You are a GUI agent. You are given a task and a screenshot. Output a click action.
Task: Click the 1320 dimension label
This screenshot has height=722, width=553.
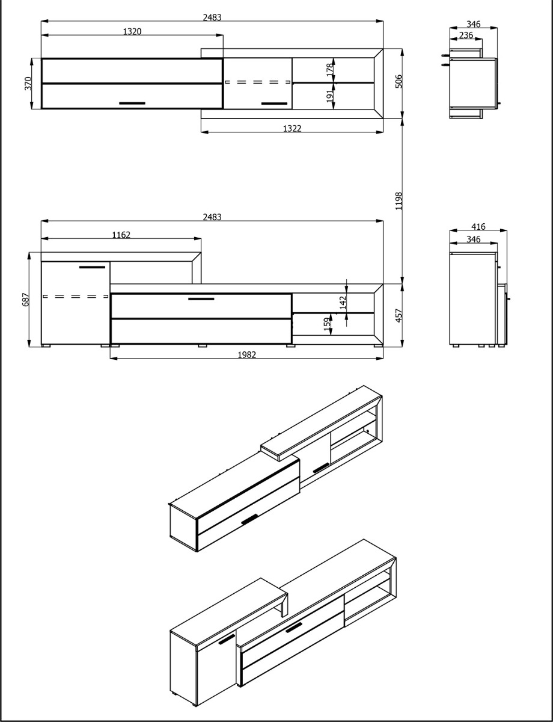(132, 31)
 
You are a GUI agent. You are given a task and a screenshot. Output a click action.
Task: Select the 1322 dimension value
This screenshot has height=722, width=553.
(292, 128)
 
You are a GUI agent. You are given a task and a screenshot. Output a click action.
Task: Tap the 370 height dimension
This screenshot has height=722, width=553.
(28, 84)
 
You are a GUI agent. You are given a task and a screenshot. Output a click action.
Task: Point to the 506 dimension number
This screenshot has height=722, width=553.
(399, 82)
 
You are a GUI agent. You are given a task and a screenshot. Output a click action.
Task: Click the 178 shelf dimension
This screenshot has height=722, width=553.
(329, 70)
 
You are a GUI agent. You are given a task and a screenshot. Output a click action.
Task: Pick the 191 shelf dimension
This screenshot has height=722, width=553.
(329, 96)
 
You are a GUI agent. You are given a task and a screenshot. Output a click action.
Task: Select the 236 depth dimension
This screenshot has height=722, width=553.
(465, 35)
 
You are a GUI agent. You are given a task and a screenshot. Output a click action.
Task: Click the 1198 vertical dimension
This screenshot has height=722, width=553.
(399, 200)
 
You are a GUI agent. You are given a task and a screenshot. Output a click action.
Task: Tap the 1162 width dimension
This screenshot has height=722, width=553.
(121, 235)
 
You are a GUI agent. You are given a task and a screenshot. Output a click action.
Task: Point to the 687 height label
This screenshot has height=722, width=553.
(25, 299)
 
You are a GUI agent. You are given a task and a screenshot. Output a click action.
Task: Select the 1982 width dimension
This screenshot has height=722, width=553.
(246, 355)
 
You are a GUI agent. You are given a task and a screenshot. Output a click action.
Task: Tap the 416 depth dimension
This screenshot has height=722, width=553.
(478, 227)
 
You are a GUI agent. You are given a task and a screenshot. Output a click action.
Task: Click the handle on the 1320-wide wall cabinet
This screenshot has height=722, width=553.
(132, 103)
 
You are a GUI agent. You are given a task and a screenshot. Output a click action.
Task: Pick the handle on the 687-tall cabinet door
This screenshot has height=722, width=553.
(92, 267)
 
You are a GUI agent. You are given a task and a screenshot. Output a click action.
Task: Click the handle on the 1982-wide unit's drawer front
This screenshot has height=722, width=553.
(201, 298)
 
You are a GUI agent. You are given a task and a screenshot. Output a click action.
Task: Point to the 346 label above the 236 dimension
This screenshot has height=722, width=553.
(473, 25)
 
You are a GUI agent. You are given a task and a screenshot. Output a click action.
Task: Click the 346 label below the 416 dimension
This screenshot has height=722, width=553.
(473, 239)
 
